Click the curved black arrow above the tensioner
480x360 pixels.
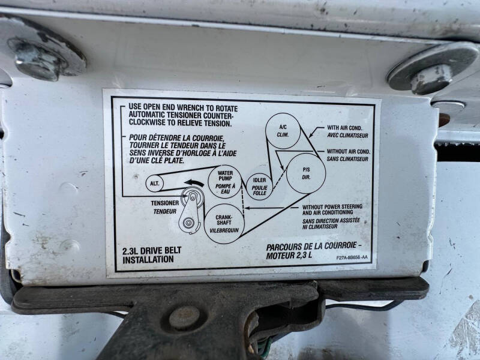click(194, 183)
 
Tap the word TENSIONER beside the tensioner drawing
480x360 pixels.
click(164, 203)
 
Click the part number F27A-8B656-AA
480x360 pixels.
click(352, 257)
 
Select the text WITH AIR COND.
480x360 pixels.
click(344, 128)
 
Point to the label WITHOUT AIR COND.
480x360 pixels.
click(349, 151)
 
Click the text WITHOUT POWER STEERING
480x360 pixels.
click(332, 206)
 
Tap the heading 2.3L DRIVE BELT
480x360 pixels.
click(152, 251)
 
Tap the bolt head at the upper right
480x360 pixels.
click(431, 79)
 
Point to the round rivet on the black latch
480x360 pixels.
click(184, 318)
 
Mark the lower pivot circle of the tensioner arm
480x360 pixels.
click(188, 223)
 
